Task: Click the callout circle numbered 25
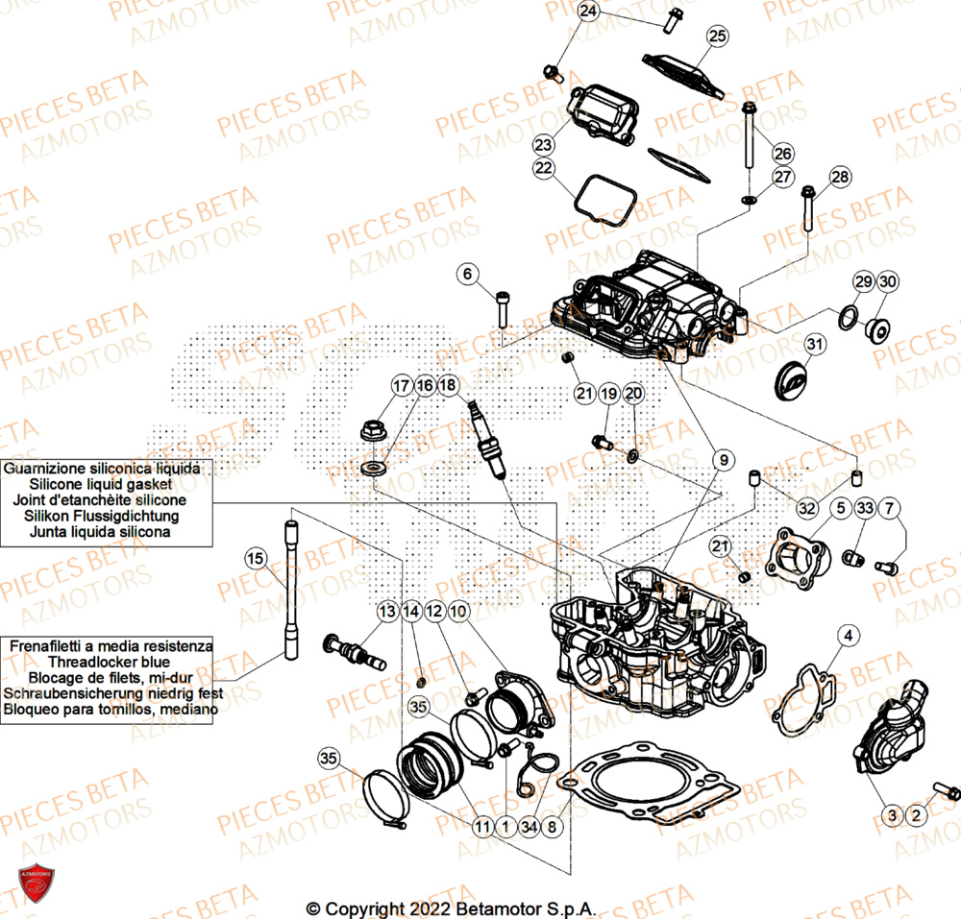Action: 716,37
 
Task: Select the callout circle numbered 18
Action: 448,385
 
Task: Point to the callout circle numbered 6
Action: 468,275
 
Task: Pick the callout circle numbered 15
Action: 255,558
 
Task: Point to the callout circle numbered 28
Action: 840,177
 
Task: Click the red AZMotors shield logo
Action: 37,884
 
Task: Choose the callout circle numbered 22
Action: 544,168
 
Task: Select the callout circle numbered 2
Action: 916,816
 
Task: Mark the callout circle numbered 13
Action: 387,611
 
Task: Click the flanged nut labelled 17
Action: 373,433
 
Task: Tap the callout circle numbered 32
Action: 806,507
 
